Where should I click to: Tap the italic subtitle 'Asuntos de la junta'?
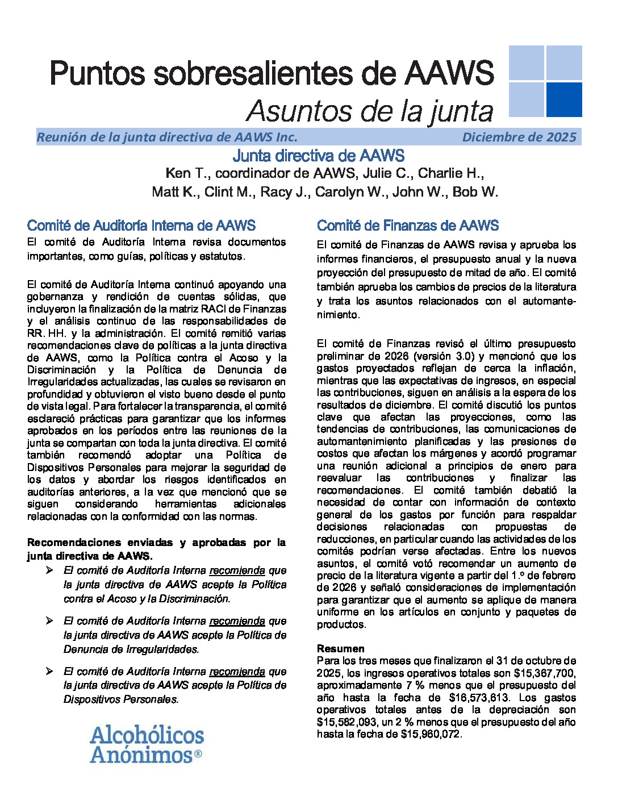[370, 111]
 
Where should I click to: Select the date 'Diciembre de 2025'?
[519, 137]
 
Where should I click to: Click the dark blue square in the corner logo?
[563, 99]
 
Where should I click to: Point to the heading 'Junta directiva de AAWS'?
[319, 156]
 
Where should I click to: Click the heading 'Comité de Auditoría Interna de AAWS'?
[141, 226]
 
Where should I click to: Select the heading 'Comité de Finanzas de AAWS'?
[408, 226]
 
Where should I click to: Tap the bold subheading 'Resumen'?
[341, 648]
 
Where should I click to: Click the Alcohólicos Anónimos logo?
[147, 744]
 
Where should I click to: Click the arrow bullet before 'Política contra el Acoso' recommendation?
[50, 570]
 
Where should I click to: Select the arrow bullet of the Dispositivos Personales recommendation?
[50, 671]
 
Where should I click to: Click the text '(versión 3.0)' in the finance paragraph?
[444, 356]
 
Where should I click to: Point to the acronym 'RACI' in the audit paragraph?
[228, 309]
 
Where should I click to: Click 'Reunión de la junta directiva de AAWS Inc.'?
[167, 137]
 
